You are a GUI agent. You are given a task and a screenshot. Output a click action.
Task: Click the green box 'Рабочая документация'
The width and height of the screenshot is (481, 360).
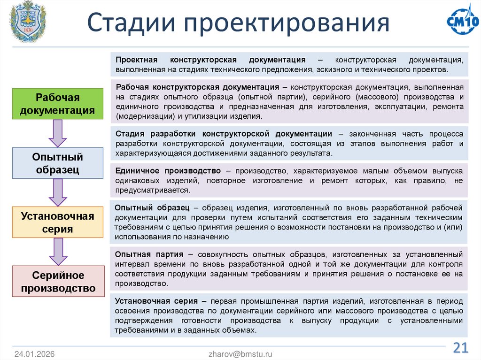[x=58, y=104]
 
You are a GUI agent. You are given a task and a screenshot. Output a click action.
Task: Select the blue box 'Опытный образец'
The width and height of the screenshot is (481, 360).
[x=58, y=163]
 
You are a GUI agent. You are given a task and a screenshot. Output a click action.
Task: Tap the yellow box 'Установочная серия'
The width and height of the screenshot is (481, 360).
[x=58, y=222]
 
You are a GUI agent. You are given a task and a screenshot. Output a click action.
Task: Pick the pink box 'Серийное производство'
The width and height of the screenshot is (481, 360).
[x=58, y=282]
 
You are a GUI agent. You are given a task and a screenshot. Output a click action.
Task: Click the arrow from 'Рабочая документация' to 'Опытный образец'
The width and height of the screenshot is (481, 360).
[x=58, y=133]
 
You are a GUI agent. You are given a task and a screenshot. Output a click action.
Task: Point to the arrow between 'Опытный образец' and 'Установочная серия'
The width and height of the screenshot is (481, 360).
[x=58, y=192]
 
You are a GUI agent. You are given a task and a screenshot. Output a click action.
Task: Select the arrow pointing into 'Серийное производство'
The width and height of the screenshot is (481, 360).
[x=58, y=251]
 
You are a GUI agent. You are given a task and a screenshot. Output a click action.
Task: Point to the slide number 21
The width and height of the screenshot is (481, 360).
[x=460, y=348]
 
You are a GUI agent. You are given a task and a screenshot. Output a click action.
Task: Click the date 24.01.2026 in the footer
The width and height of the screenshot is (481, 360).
[x=34, y=354]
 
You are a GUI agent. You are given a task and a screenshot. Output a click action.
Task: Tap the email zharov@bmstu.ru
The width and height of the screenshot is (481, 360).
[x=240, y=354]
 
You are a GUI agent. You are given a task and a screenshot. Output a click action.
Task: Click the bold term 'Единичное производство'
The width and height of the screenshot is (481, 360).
[x=168, y=170]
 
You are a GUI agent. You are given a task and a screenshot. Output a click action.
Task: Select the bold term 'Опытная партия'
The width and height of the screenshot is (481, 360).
[x=149, y=254]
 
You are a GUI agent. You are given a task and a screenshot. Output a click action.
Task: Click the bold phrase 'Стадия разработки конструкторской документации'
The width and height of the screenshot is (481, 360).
[x=224, y=133]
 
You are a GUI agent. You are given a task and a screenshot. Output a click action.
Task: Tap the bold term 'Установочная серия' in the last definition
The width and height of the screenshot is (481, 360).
[x=157, y=300]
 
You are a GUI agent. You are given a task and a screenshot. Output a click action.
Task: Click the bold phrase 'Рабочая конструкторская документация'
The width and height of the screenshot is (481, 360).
[x=197, y=87]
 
